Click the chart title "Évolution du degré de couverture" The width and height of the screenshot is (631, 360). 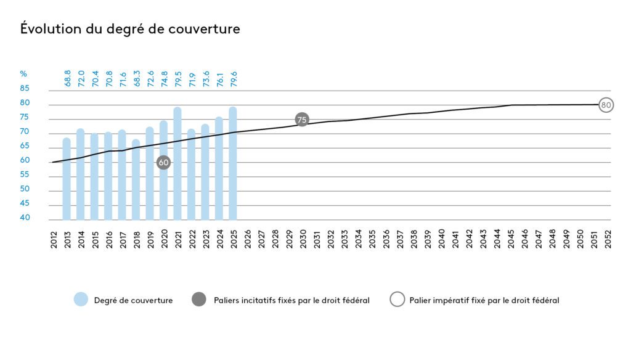click(130, 29)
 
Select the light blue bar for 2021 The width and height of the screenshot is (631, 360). click(177, 163)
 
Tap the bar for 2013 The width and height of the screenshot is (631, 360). click(67, 179)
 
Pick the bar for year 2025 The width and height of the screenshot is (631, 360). click(233, 163)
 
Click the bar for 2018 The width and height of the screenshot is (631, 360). click(136, 179)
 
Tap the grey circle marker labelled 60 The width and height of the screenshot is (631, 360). click(163, 163)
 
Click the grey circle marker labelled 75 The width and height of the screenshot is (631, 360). click(301, 120)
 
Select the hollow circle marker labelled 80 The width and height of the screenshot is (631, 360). click(606, 105)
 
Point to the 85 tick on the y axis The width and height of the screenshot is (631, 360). click(25, 88)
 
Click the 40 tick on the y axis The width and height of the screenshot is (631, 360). click(25, 218)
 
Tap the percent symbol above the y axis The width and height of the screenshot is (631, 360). click(23, 74)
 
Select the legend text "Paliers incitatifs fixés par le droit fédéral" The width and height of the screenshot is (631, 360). click(291, 301)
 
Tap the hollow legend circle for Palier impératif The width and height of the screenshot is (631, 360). click(398, 300)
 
